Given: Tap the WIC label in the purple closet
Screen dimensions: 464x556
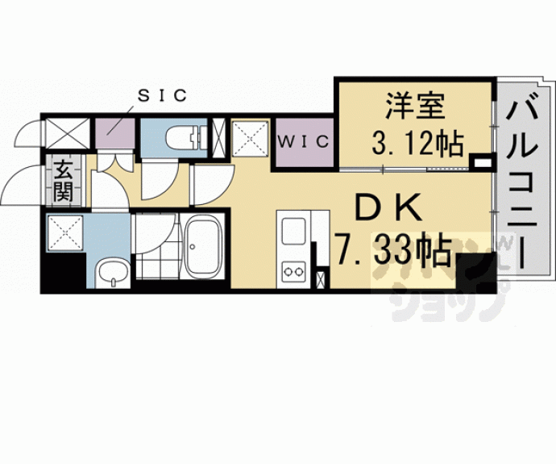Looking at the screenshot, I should click(303, 142).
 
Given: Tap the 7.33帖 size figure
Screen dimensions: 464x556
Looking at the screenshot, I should click(392, 253).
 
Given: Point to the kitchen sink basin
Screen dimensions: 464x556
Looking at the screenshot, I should click(292, 232).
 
